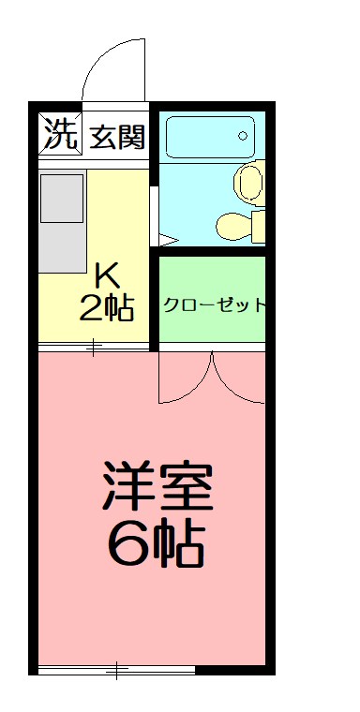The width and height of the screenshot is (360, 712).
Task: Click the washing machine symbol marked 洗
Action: (x=60, y=135)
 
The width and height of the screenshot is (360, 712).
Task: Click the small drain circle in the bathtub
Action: (x=243, y=136)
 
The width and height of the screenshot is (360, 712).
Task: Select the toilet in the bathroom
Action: (x=238, y=225)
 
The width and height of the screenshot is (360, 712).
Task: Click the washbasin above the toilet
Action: (x=248, y=182)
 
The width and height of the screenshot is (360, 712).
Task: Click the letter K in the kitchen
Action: (x=107, y=275)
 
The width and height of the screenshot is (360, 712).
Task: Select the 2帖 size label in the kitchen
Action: (x=106, y=306)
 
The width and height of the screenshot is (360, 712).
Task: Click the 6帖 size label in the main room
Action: (x=156, y=543)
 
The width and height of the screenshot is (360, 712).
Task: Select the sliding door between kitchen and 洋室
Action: (x=94, y=349)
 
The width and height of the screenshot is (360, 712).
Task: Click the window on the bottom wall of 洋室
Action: (x=116, y=669)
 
